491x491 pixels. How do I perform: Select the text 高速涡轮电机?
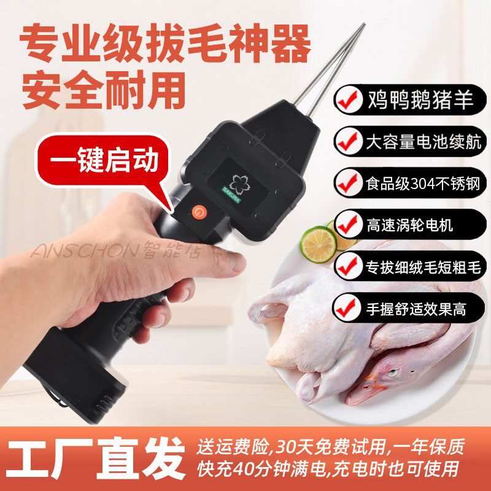coord(411,224)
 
